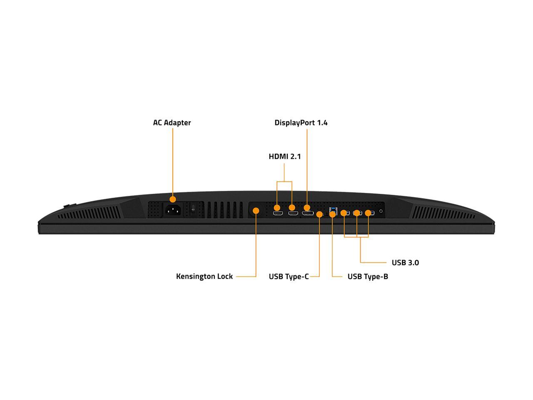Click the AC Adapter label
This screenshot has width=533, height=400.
click(172, 122)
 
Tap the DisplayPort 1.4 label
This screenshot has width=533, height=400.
click(301, 122)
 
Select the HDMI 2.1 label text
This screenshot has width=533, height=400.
click(284, 156)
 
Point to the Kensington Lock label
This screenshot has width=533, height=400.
click(204, 276)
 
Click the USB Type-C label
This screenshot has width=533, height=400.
click(289, 277)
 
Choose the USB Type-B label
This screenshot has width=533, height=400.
click(368, 277)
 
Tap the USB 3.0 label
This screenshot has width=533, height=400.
click(405, 262)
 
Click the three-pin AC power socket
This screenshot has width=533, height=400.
click(173, 210)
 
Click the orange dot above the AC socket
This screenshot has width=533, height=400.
click(173, 200)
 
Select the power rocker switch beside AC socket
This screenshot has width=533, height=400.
click(193, 209)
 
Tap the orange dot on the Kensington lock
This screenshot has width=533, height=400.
click(256, 210)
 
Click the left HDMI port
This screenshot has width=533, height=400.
click(278, 213)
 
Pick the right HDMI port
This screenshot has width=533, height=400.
click(293, 213)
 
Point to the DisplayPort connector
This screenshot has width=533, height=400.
click(308, 213)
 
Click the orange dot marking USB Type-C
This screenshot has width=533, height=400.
click(319, 214)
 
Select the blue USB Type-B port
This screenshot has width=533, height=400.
click(333, 212)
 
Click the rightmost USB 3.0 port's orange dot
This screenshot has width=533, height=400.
click(368, 213)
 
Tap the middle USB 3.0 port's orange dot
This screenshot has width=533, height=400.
click(356, 213)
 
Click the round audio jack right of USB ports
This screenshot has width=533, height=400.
click(381, 211)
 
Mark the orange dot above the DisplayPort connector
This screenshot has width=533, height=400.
click(307, 207)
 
